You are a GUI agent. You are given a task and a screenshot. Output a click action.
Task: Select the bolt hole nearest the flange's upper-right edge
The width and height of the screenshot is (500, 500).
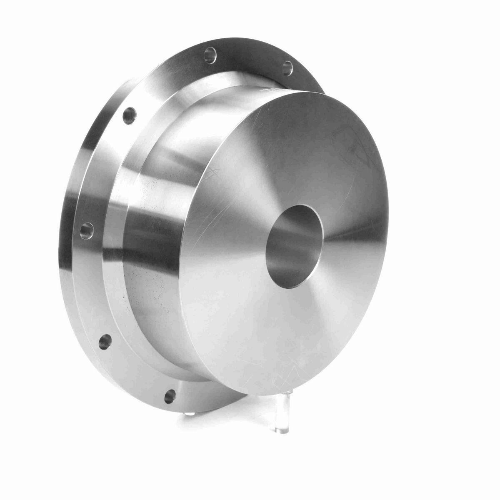point(287,68)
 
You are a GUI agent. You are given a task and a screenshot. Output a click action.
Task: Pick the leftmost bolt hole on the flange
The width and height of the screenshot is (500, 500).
point(87,230)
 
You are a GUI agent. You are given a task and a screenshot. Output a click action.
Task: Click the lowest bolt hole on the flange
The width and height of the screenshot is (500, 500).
point(170,396)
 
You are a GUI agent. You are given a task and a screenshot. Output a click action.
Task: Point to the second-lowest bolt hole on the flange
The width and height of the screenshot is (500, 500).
point(105,342)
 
